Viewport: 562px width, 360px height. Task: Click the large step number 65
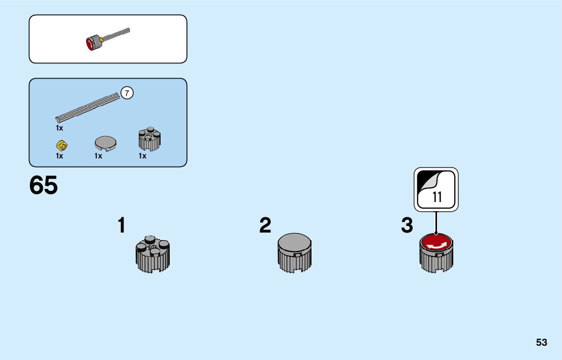click(x=44, y=186)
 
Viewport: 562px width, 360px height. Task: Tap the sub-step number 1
click(x=121, y=225)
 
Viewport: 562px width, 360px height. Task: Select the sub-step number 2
click(x=265, y=225)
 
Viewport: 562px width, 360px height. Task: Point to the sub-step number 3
click(x=407, y=225)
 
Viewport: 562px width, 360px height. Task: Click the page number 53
click(x=541, y=342)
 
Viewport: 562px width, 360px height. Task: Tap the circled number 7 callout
click(x=127, y=93)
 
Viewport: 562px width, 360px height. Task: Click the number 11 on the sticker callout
click(x=437, y=198)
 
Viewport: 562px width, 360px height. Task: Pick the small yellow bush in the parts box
click(x=63, y=146)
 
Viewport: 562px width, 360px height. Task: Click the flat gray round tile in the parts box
click(x=105, y=143)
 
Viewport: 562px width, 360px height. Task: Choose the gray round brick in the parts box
click(x=149, y=140)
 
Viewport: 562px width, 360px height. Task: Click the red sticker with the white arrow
click(x=436, y=243)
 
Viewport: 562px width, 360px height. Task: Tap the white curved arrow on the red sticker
click(x=437, y=246)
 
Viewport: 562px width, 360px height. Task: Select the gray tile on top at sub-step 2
click(x=295, y=242)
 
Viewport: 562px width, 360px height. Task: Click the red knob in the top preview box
click(x=93, y=43)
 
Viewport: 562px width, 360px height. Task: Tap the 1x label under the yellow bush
click(x=59, y=156)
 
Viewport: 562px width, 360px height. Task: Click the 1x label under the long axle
click(x=59, y=128)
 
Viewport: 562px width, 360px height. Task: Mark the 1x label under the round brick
click(x=142, y=156)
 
